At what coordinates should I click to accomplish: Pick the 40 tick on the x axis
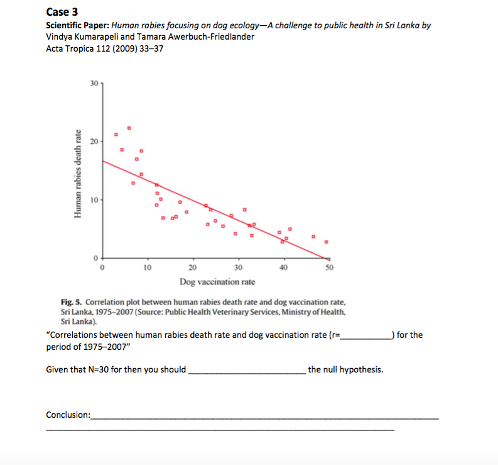point(284,267)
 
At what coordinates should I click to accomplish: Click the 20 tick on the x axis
point(193,267)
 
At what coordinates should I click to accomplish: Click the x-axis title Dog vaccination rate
point(217,281)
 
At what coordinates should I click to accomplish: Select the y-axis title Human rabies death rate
point(78,173)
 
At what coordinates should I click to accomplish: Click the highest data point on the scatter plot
point(129,128)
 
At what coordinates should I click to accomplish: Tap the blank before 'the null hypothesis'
point(246,369)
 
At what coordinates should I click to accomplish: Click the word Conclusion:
point(68,415)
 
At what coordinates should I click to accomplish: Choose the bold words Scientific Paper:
point(78,26)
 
